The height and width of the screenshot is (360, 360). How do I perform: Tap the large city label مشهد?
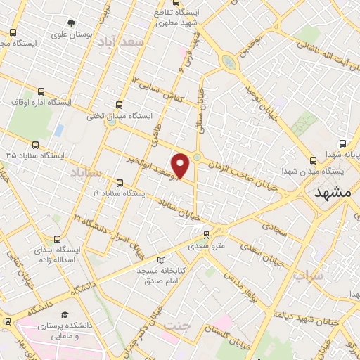tap(332, 192)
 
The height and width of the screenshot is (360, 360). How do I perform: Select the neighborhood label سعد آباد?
tap(122, 43)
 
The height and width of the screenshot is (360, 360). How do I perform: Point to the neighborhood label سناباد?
tap(86, 172)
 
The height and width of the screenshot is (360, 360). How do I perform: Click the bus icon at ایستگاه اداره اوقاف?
tap(41, 91)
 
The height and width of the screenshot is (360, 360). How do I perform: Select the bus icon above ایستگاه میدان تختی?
tap(118, 105)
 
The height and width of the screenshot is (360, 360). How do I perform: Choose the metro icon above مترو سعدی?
tap(206, 236)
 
